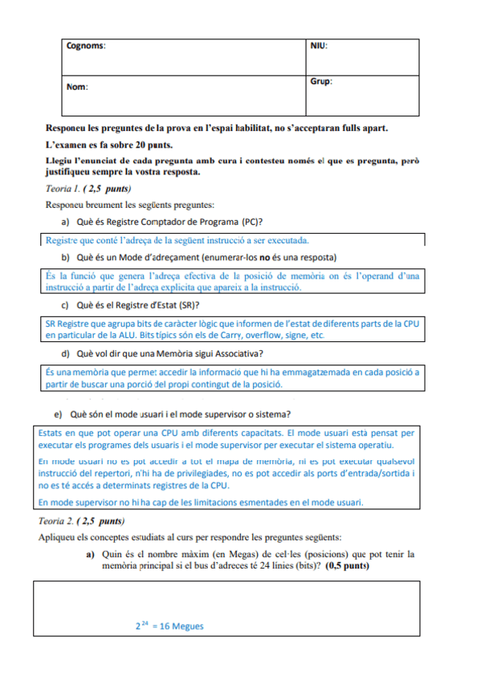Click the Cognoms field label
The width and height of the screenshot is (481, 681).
pos(84,47)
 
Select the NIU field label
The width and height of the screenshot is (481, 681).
pos(319,47)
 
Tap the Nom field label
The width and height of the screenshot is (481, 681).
pos(77,86)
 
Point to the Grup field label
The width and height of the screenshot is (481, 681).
pos(321,82)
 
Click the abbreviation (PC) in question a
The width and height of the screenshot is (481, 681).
pos(252,222)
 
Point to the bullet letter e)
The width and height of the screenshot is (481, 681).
pos(59,414)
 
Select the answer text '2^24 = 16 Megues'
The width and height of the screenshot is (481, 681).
pos(169,626)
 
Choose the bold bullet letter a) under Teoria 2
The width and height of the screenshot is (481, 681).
pos(90,554)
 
